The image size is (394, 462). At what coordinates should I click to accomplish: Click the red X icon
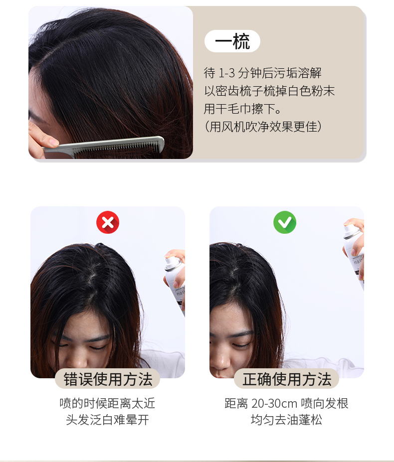(108, 222)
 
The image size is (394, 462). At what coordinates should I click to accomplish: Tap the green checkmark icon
(285, 222)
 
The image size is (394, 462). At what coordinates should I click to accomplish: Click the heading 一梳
(232, 41)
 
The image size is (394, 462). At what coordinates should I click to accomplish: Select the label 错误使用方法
(108, 379)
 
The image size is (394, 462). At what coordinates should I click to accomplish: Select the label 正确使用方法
(287, 379)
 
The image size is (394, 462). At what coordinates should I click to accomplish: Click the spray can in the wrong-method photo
(175, 283)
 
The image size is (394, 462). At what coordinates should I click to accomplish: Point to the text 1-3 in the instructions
(226, 73)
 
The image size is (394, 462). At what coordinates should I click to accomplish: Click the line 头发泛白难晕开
(107, 420)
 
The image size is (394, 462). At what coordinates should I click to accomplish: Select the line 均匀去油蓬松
(286, 420)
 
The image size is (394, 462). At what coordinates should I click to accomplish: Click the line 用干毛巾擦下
(242, 109)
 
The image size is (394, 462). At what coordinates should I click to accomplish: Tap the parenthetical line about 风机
(263, 127)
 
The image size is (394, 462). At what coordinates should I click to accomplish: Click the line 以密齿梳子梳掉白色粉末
(269, 91)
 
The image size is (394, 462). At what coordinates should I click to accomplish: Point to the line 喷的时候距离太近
(107, 403)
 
